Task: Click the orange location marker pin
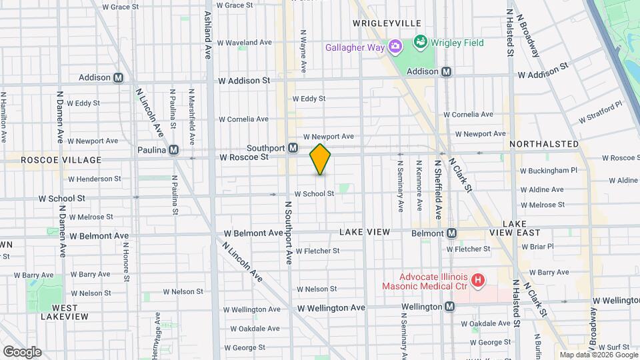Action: tap(320, 159)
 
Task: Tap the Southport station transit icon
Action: tap(293, 148)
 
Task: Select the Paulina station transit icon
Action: tap(174, 150)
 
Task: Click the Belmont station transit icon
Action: tap(452, 233)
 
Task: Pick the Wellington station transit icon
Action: tap(450, 307)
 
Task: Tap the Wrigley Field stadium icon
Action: tap(420, 43)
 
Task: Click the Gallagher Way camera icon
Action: tap(395, 47)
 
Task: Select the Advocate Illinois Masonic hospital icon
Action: tap(477, 281)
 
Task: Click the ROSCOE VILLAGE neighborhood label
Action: tap(61, 160)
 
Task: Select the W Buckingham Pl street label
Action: tap(549, 171)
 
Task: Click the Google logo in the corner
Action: tap(22, 351)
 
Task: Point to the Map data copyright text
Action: tap(598, 355)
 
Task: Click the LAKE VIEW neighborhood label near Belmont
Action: tap(364, 232)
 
